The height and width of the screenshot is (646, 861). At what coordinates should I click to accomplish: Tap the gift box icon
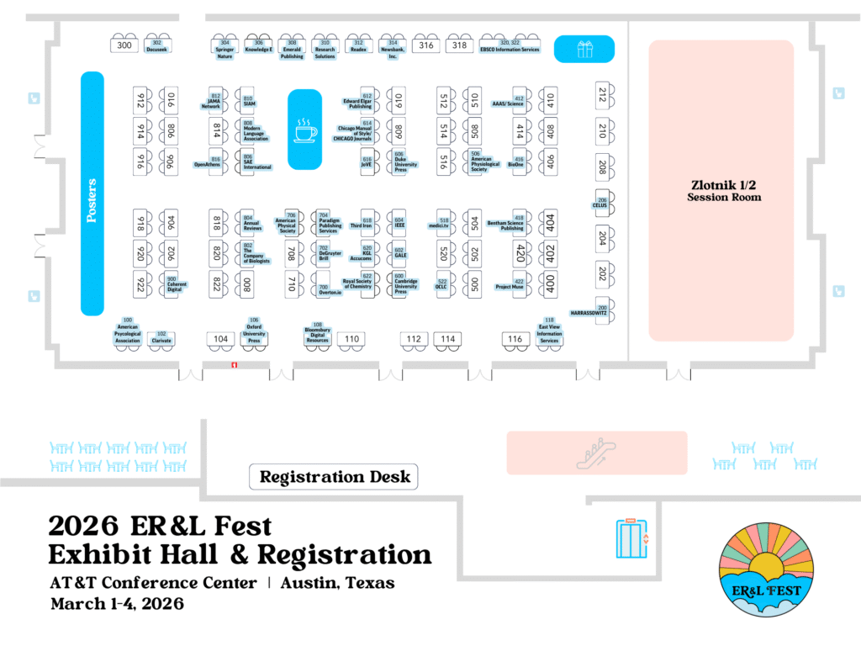584,49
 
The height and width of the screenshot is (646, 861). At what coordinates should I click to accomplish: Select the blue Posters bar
92,193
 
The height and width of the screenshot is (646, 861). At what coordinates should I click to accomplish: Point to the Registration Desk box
334,477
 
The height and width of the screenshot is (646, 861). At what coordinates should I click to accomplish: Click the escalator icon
596,453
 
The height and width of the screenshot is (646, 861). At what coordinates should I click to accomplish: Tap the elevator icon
632,538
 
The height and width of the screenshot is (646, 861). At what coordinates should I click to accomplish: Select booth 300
124,45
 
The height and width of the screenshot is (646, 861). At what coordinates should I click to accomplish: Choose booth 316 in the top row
426,45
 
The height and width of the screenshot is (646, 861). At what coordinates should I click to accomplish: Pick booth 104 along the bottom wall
220,339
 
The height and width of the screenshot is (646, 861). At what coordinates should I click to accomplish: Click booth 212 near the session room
602,95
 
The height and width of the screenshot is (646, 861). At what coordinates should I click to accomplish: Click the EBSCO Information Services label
509,49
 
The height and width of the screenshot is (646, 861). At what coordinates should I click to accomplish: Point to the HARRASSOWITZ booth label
589,312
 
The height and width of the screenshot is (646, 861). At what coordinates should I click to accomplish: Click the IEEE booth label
399,225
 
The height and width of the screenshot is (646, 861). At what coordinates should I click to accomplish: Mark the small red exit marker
235,364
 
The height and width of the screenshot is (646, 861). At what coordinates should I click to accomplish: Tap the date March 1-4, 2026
117,604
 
